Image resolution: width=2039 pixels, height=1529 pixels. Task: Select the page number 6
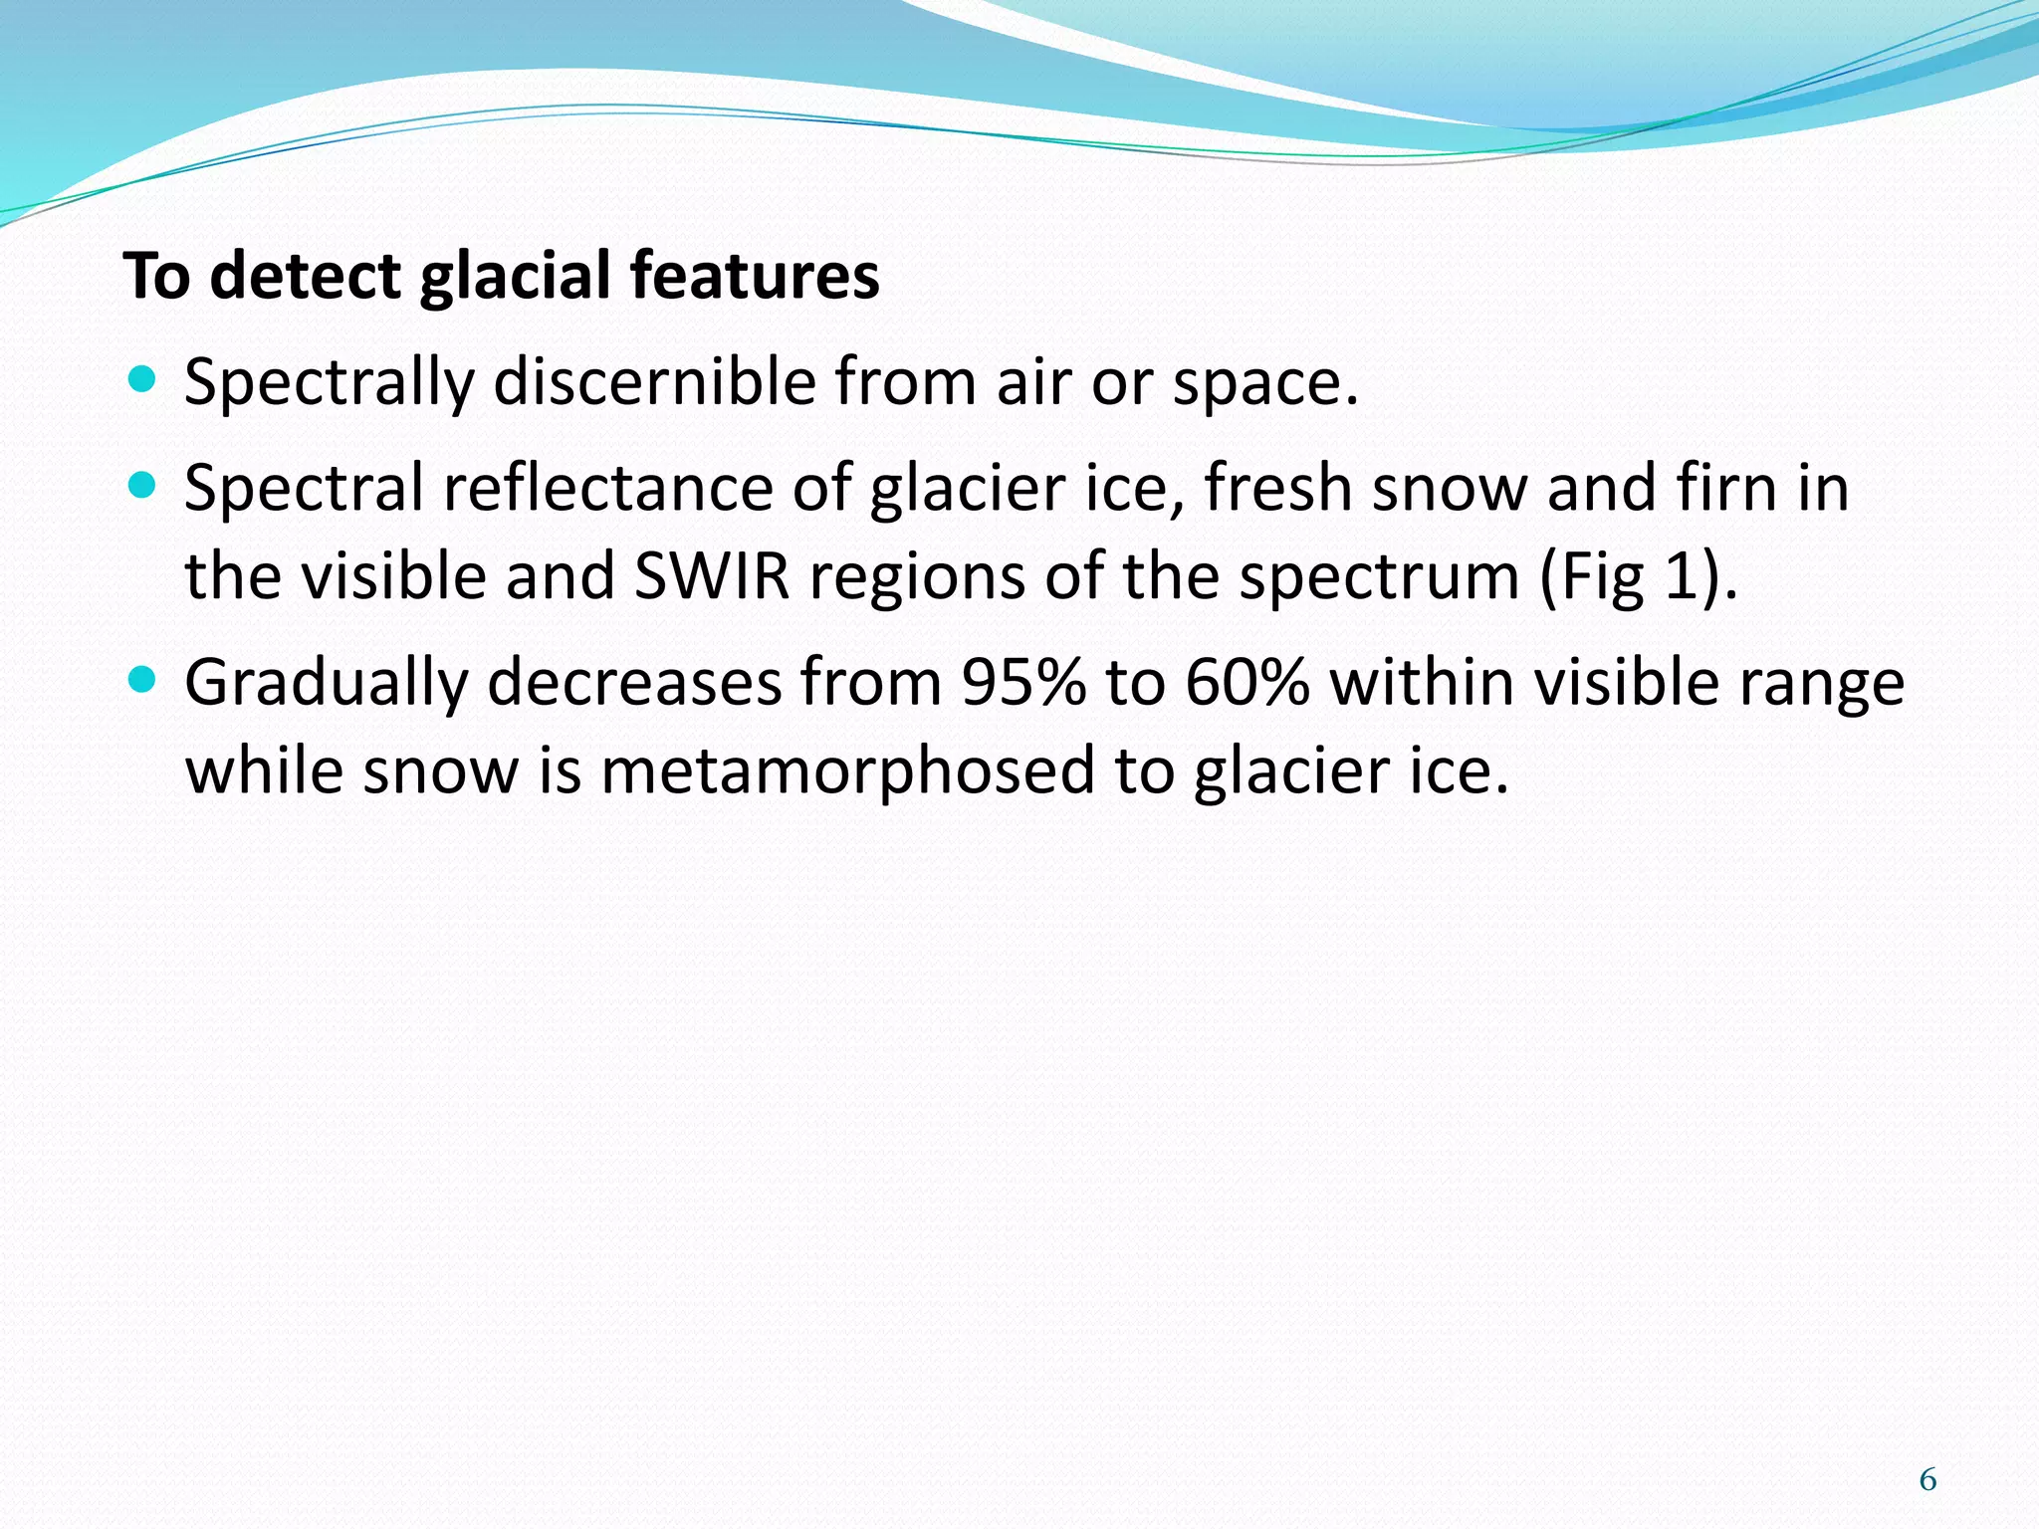1927,1480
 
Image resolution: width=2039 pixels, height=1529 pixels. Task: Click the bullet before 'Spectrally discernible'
143,379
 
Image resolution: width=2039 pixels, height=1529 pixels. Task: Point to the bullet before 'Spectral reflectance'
143,486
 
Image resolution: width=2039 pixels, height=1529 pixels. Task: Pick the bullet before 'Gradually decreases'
143,681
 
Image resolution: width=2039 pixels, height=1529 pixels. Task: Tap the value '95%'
1023,683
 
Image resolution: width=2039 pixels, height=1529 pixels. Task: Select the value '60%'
1247,683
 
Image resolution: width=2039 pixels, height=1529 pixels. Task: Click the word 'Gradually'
327,685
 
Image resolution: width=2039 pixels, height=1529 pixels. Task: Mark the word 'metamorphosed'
847,772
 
